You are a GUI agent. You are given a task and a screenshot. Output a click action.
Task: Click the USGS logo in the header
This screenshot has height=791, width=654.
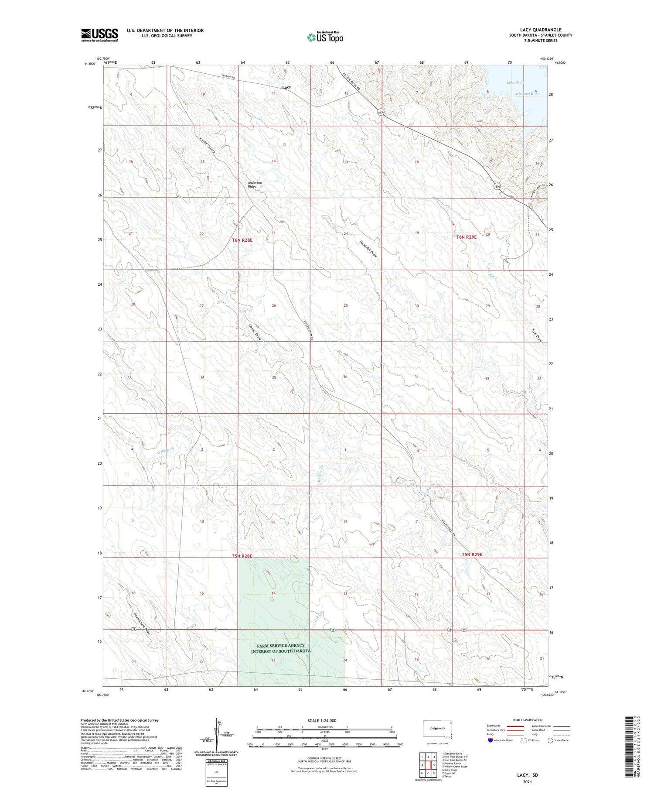tap(99, 35)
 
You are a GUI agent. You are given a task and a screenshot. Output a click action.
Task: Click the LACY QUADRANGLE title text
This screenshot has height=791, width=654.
tap(541, 30)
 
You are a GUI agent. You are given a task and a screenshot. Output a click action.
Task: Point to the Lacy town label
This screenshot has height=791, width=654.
tap(286, 87)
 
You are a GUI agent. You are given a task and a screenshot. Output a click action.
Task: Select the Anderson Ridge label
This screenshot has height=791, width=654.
tap(255, 185)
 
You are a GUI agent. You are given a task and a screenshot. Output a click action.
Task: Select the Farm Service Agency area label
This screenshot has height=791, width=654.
tap(281, 648)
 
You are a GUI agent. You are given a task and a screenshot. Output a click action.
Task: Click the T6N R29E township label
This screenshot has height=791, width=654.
tap(467, 237)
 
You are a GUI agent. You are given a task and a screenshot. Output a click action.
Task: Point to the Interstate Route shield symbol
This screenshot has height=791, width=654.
tap(490, 740)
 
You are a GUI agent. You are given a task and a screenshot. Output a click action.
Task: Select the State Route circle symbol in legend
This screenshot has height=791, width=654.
tap(550, 740)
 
